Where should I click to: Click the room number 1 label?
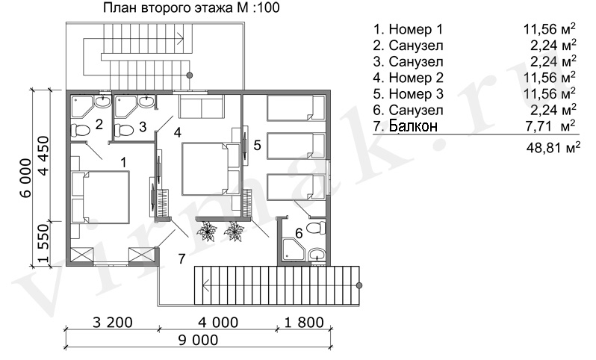click(123, 163)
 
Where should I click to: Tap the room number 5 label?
click(258, 145)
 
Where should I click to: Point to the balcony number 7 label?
click(181, 259)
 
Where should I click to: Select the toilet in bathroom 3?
click(124, 131)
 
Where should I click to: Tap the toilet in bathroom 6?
click(316, 229)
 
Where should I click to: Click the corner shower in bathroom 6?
click(293, 251)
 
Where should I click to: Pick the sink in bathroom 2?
click(102, 101)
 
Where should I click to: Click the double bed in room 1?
click(101, 197)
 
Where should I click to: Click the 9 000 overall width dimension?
click(198, 340)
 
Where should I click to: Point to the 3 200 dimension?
click(113, 323)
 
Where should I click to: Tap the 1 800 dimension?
click(304, 323)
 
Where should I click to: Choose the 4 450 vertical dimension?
click(44, 155)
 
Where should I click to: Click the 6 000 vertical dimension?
click(25, 178)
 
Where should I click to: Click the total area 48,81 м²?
click(553, 146)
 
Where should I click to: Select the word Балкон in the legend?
click(413, 125)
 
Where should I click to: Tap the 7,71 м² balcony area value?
click(550, 125)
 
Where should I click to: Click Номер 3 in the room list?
click(416, 93)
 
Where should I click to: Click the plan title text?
click(191, 8)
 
